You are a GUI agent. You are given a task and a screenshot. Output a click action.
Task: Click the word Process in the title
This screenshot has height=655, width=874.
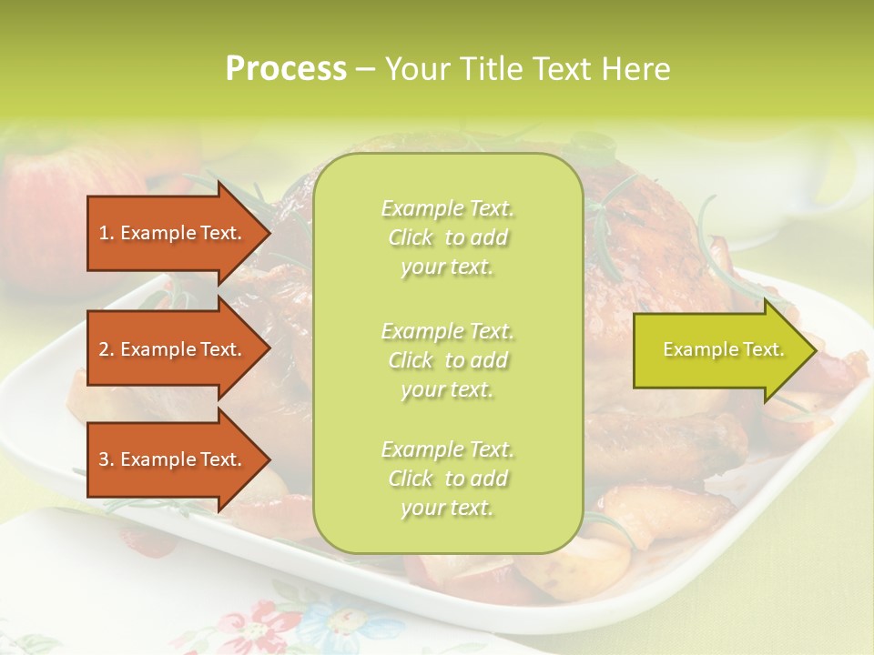(x=286, y=69)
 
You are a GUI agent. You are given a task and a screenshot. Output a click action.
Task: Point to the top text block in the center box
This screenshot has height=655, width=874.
(x=447, y=237)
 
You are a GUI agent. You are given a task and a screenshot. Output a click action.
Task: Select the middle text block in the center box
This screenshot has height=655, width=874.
(x=447, y=360)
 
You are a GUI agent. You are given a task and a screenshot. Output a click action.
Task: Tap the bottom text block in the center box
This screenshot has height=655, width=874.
(x=447, y=479)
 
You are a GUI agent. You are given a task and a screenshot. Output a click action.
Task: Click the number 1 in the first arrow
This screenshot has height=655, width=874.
(x=104, y=233)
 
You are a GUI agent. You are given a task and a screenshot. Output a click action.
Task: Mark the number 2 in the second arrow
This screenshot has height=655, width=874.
(x=104, y=349)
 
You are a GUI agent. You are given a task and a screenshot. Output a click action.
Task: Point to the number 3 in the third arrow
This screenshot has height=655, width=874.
(x=104, y=459)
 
